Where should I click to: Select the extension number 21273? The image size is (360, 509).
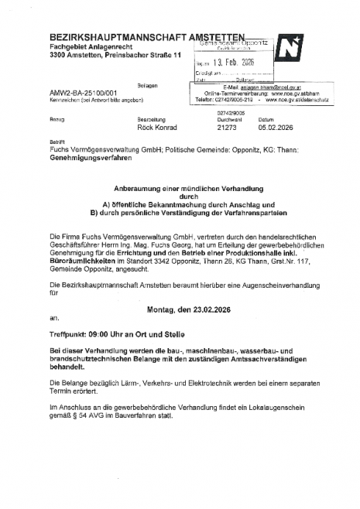(228, 127)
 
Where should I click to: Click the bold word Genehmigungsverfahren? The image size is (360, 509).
(88, 157)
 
